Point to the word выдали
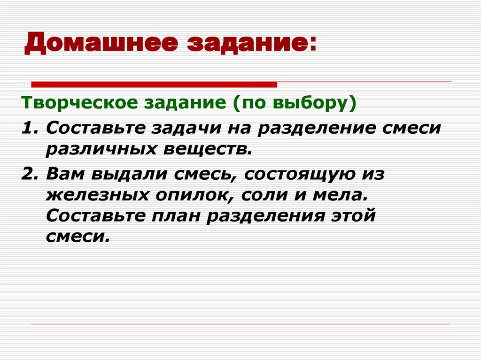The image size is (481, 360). coord(127,174)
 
